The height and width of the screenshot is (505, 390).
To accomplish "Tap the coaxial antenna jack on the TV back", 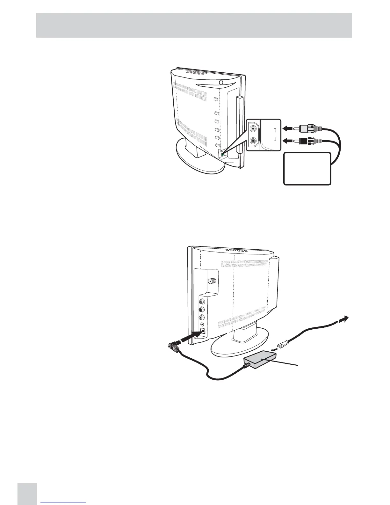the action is coord(211,281).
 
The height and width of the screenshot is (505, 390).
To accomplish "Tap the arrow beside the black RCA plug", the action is coord(288,140).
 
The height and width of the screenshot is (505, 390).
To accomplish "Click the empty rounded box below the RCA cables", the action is coord(307,169).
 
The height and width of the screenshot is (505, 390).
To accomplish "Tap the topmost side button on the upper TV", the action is coord(216,99).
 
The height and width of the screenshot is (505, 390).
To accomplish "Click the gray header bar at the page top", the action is coord(194,25).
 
